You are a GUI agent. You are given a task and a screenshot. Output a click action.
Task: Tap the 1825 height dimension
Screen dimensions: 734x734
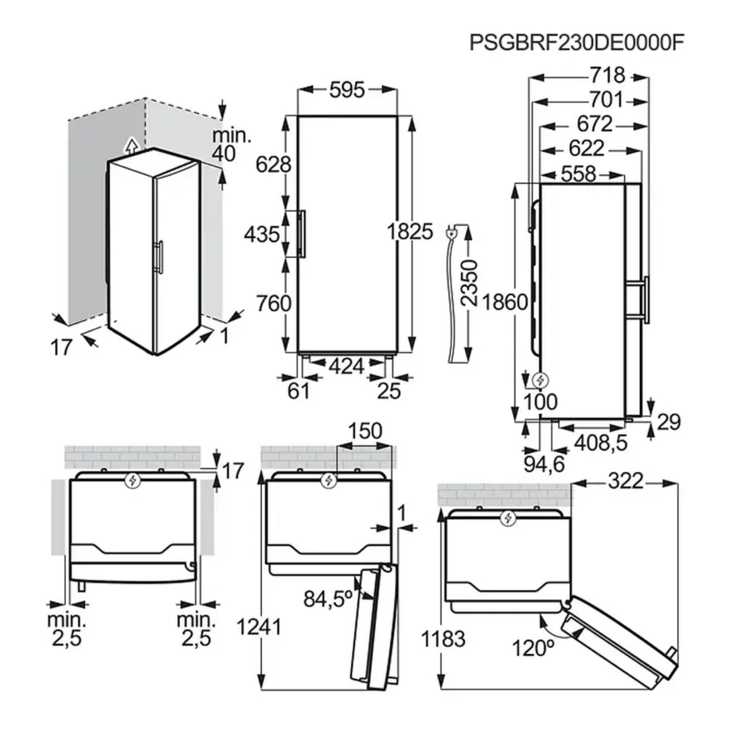[x=410, y=232]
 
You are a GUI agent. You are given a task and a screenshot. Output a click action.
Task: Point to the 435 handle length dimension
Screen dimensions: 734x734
[x=262, y=235]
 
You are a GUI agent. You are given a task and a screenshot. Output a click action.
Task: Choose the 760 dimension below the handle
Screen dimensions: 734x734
[x=274, y=303]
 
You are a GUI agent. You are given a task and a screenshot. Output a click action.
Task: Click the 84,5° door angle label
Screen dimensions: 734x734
[x=328, y=598]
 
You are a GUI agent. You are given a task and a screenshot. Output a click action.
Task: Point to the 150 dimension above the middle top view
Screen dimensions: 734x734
[x=365, y=431]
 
